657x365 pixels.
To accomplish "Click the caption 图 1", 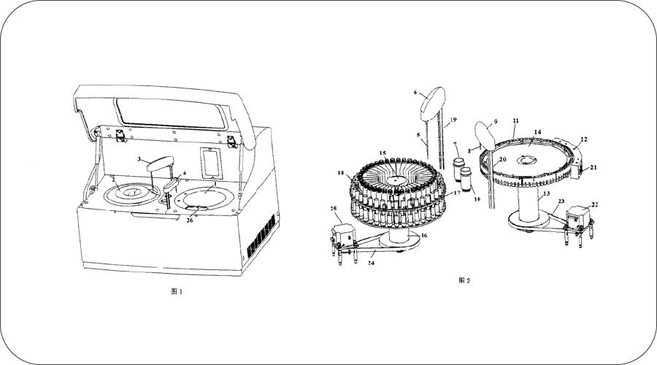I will pos(176,291).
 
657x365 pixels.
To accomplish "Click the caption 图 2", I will pos(464,280).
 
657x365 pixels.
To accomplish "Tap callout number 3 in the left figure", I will pos(139,158).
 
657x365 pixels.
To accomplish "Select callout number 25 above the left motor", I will pos(334,210).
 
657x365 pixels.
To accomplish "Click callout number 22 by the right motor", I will pos(595,204).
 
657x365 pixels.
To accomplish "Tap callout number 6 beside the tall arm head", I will pos(415,93).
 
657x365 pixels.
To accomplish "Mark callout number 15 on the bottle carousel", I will pos(382,153).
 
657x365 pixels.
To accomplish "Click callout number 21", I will pos(593,167).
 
